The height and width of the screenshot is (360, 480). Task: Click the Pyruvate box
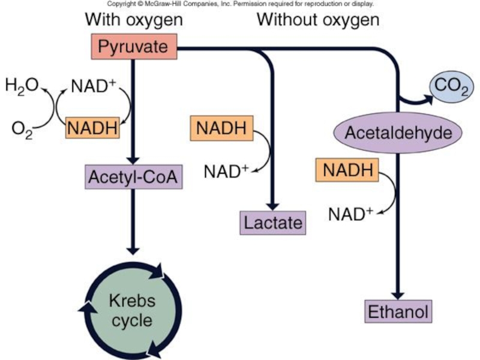click(133, 46)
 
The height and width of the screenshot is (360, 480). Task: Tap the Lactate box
click(272, 223)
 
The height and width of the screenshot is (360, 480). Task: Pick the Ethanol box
click(398, 312)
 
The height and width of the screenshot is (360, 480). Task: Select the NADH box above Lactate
click(221, 127)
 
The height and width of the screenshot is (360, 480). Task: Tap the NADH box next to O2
click(92, 128)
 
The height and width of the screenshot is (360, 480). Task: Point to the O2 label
click(22, 128)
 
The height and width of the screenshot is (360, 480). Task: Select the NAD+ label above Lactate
click(226, 171)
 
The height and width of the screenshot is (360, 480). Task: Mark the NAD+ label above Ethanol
click(351, 213)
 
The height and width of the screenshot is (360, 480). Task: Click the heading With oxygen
click(133, 20)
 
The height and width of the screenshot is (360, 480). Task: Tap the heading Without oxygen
click(318, 20)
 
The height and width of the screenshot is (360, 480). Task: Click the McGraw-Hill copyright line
click(240, 4)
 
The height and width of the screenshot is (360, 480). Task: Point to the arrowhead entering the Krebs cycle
click(133, 250)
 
